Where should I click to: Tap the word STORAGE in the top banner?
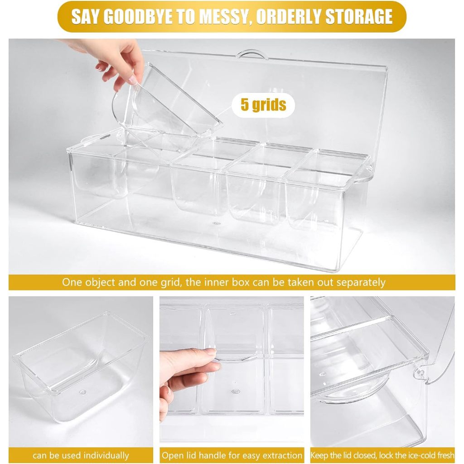point(359,17)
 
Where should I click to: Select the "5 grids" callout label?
point(263,105)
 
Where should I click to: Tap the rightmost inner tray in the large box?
point(319,189)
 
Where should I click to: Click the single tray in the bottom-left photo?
point(82,367)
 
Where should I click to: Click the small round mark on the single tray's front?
point(83,392)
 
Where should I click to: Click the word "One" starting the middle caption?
point(72,282)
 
